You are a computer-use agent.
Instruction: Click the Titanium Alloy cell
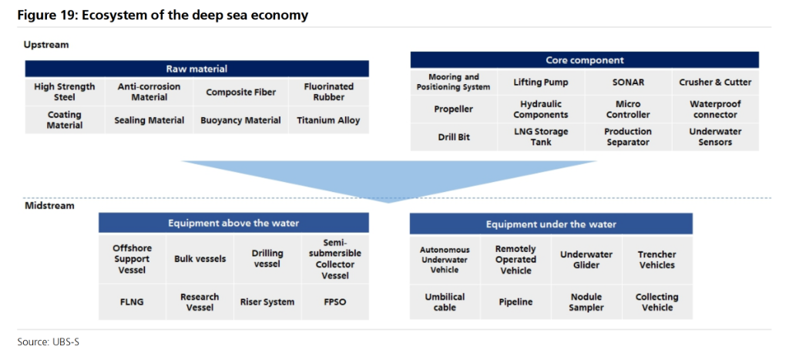point(328,120)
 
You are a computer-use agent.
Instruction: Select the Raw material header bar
point(196,69)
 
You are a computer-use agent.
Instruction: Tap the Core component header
point(584,60)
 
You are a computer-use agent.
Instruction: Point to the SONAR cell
point(628,82)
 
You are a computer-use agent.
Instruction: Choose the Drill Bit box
point(454,136)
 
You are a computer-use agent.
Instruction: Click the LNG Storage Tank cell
point(541,136)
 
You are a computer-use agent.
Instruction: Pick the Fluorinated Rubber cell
point(328,92)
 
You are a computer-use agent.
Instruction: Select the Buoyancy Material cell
point(240,120)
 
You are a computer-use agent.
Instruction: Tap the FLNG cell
point(133,302)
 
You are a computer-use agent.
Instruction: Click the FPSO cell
point(335,302)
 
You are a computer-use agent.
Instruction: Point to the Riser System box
point(267,302)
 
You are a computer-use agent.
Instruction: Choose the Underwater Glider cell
point(586,259)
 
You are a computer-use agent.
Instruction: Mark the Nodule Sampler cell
point(586,302)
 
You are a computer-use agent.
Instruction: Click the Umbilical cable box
point(445,302)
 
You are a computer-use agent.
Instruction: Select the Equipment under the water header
point(551,224)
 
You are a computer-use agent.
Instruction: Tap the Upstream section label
point(45,45)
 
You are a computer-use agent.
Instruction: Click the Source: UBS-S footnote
point(49,342)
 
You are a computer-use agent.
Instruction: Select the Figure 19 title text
point(163,15)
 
